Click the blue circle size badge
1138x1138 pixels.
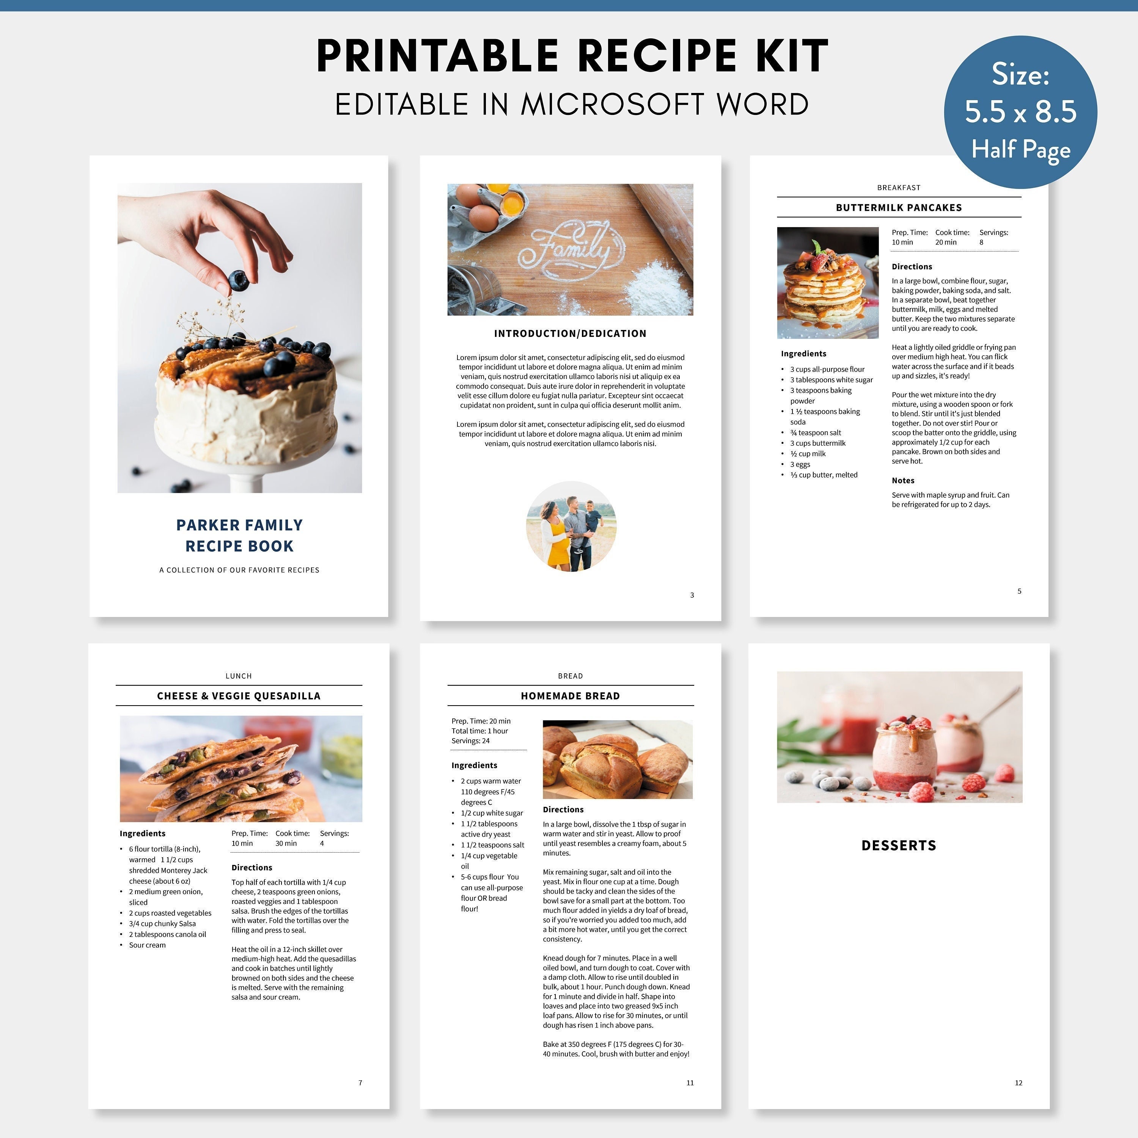tap(1020, 112)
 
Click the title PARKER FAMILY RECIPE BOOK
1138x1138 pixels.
tap(239, 535)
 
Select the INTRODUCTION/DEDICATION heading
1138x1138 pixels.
tap(570, 333)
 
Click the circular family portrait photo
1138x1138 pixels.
tap(571, 527)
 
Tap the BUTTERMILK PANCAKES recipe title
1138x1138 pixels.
tap(898, 207)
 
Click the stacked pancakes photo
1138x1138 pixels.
tap(828, 283)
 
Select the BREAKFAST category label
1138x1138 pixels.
tap(898, 187)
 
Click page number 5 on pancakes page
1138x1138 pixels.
tap(1019, 591)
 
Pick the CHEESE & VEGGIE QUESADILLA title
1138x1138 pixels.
tap(239, 696)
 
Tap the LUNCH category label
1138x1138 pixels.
tap(239, 676)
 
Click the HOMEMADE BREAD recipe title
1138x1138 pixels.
tap(570, 696)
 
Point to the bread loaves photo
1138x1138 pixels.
tap(617, 759)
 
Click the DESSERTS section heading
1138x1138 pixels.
tap(898, 845)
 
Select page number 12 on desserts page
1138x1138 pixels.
tap(1019, 1083)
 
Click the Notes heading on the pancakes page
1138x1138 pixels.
tap(902, 481)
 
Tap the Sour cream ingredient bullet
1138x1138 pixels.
tap(147, 945)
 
